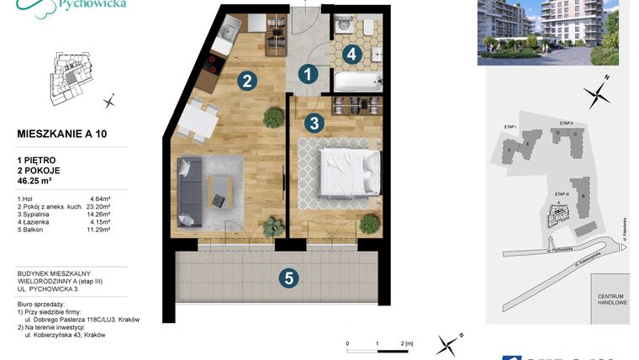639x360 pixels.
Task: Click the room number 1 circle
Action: point(309,75)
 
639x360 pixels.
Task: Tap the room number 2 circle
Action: point(246,81)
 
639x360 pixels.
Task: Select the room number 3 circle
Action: point(313,123)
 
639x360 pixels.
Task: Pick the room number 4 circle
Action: point(351,54)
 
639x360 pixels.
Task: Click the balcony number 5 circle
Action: point(288,278)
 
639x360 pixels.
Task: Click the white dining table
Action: point(197,121)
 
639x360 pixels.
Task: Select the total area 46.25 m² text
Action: point(40,180)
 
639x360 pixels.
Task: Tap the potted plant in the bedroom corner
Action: point(367,225)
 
